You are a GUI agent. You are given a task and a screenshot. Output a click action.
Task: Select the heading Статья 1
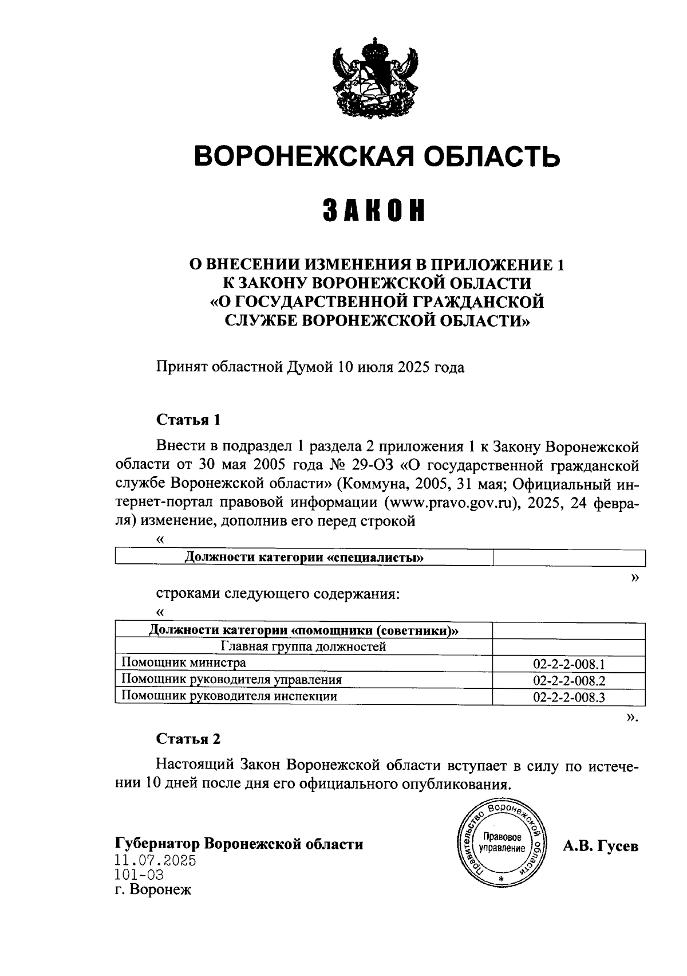188,420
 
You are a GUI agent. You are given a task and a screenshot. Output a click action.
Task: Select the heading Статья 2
188,739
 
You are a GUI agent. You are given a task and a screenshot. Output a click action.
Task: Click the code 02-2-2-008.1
569,664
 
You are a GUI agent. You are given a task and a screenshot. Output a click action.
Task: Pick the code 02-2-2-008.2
569,680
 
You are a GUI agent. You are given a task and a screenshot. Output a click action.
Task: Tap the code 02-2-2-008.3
569,697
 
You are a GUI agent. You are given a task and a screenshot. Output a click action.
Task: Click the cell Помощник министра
184,663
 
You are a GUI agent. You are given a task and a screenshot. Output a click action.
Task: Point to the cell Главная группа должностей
303,647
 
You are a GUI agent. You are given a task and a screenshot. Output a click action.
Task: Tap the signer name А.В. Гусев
600,846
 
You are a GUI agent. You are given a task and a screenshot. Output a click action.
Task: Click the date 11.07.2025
155,860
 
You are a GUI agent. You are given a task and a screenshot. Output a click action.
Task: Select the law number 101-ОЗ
139,875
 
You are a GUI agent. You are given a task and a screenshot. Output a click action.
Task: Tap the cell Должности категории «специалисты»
303,558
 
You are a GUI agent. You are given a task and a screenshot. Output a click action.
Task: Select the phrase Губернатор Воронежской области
239,844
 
